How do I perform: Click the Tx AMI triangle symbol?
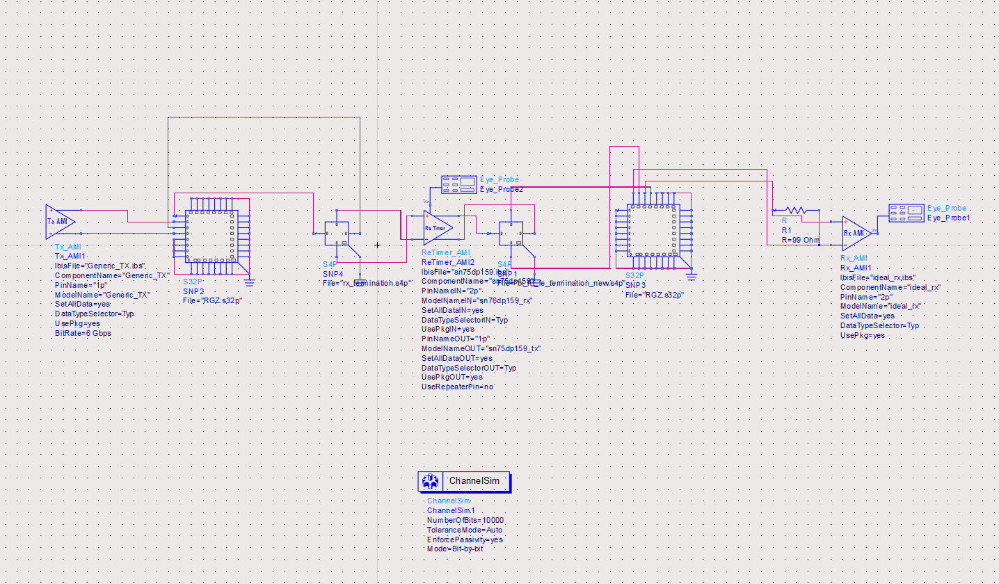point(60,221)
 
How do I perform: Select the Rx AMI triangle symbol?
point(855,233)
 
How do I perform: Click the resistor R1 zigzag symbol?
point(794,210)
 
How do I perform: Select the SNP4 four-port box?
point(336,233)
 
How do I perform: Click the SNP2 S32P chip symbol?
point(211,235)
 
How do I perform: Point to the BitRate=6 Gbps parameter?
point(83,334)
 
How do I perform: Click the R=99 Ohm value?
point(801,241)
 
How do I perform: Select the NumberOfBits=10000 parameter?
point(465,520)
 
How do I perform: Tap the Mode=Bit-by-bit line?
point(455,549)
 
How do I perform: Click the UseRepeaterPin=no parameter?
point(458,387)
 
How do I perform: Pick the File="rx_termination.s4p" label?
point(367,283)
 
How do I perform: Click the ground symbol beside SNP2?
point(250,282)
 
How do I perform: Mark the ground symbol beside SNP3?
point(691,277)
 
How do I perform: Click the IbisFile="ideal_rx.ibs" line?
point(878,277)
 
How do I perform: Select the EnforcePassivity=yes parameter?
point(465,540)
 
